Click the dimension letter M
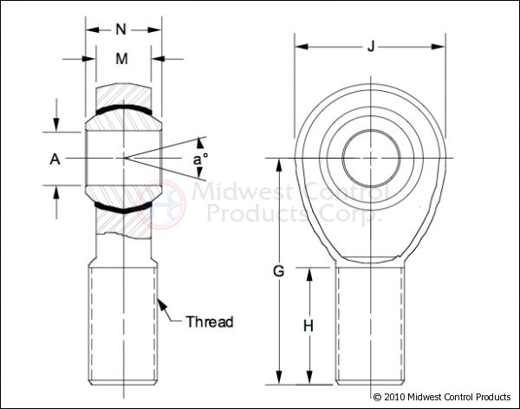(x=122, y=59)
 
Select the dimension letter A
(x=55, y=159)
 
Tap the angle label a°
(x=200, y=159)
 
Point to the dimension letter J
(x=371, y=46)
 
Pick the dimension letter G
(x=279, y=271)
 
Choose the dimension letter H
(x=308, y=326)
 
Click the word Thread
(x=210, y=322)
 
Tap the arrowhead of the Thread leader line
(x=160, y=301)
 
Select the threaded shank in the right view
(x=371, y=325)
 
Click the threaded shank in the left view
(x=123, y=325)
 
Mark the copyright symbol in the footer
(x=377, y=397)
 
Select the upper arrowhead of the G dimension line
(x=279, y=163)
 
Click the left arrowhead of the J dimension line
(x=299, y=46)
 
